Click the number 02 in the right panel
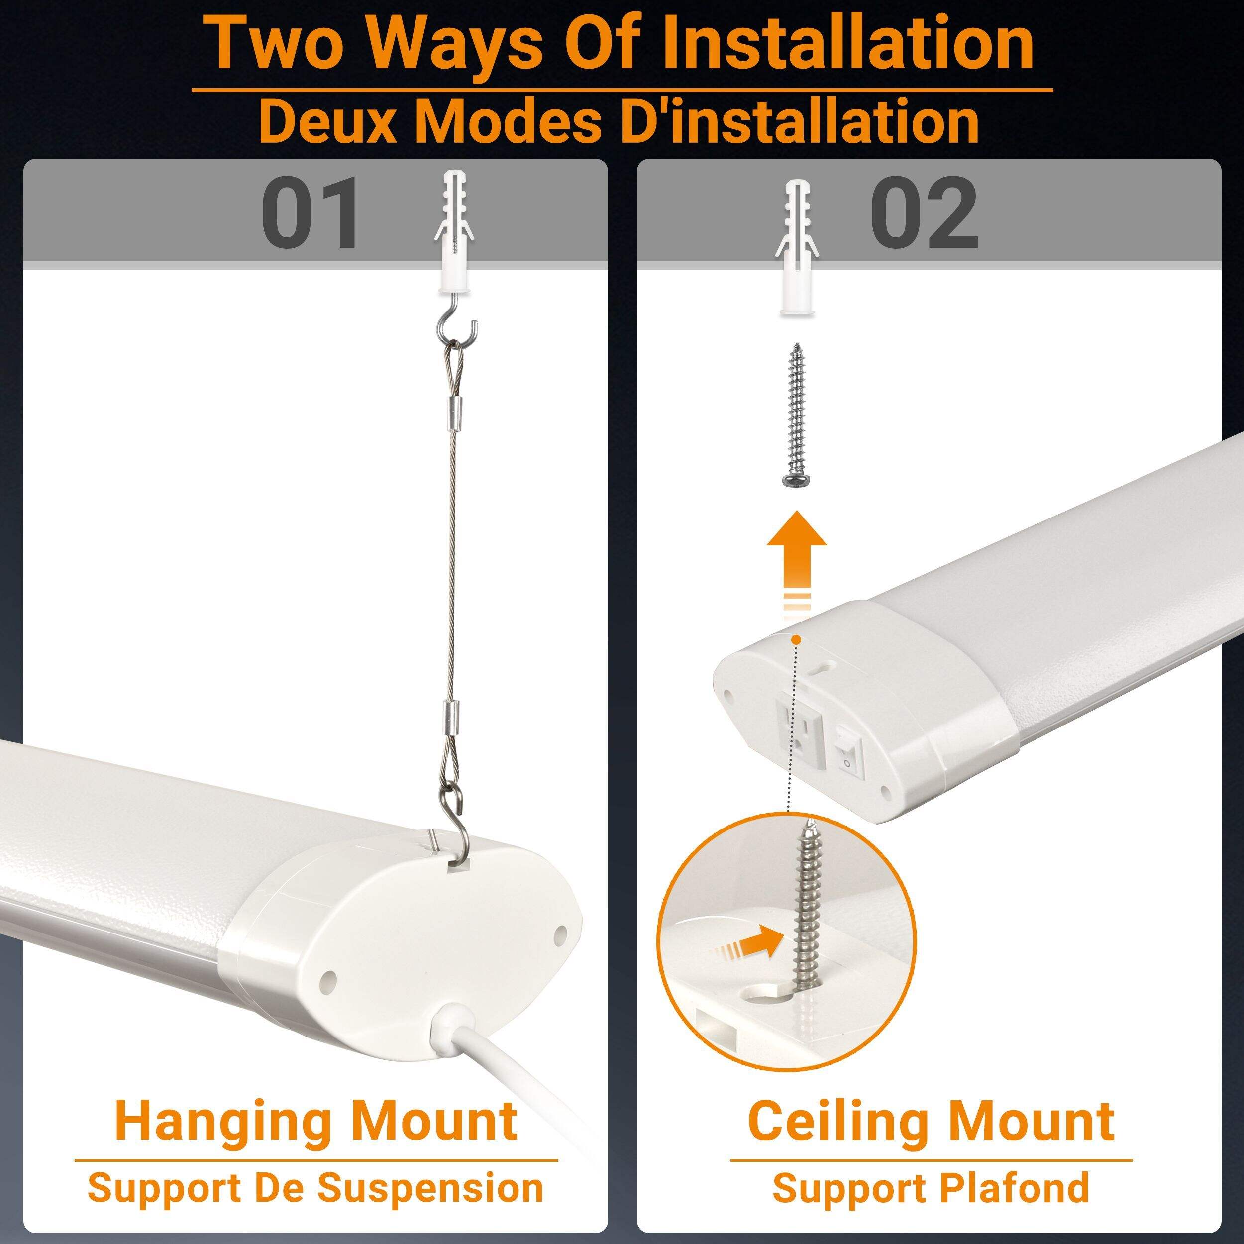coord(924,213)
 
